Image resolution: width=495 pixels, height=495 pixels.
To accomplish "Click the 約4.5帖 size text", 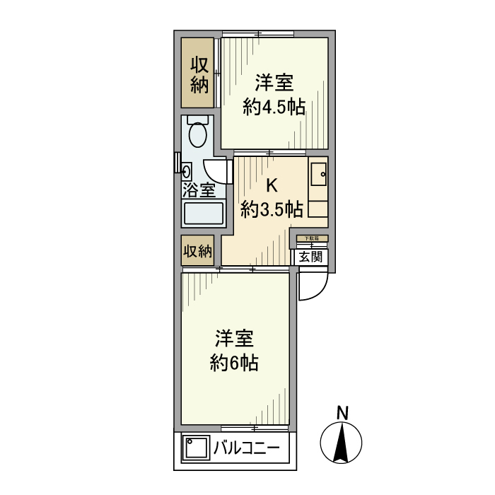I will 274,107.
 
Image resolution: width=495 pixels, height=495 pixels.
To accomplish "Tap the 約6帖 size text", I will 233,363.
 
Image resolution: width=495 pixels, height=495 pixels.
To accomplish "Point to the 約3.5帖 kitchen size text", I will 272,209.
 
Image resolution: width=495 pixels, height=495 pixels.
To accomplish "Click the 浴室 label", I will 198,190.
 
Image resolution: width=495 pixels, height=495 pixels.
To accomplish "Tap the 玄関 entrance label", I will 310,257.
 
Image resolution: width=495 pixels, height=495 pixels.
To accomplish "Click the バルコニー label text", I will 246,448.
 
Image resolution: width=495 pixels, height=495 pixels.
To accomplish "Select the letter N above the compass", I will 342,413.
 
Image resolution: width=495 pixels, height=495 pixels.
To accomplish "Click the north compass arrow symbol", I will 342,443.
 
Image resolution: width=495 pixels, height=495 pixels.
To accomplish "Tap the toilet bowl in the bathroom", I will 197,134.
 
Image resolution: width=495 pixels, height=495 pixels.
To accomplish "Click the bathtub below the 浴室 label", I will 204,214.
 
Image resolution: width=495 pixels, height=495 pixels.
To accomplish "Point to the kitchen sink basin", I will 318,174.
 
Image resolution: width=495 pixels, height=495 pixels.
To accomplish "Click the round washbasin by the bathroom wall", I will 187,170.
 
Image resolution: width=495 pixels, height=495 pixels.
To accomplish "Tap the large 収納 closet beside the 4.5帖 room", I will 199,74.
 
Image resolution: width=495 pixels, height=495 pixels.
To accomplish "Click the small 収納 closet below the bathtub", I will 198,251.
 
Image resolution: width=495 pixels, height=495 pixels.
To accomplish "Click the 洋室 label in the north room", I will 274,83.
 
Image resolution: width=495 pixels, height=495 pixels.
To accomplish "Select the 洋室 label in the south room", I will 233,338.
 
